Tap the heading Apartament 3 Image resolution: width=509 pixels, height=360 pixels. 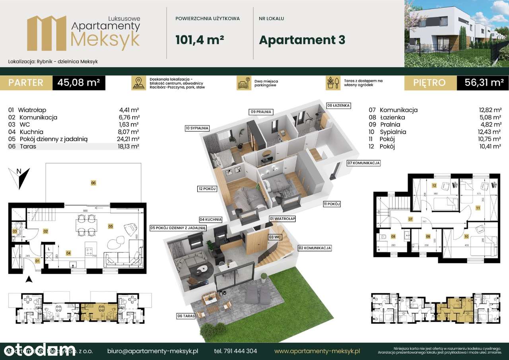pos(302,40)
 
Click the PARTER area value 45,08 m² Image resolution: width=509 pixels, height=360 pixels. pos(78,83)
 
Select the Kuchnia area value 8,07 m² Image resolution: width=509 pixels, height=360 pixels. pos(130,132)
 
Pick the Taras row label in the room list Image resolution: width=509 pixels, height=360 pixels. pos(27,146)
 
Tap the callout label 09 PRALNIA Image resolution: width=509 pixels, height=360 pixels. pos(260,112)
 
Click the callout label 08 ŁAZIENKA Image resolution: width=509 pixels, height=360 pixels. pos(338,105)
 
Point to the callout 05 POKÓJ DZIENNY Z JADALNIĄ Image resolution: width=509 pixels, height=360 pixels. pos(177,228)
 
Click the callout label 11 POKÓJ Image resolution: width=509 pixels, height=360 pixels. pos(332,204)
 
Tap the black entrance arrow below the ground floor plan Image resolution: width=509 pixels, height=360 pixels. pos(28,280)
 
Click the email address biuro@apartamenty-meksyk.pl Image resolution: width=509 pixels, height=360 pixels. pos(153,351)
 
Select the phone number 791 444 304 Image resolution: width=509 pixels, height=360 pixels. pos(235,351)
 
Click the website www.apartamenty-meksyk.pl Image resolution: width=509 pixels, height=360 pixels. pos(317,351)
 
